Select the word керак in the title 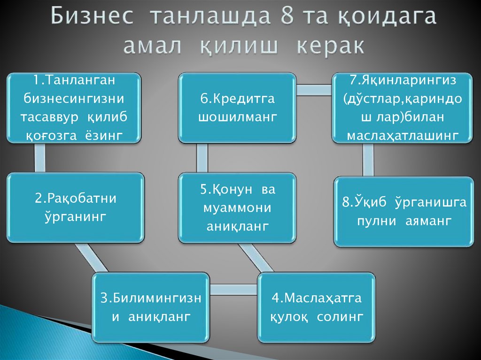coord(330,46)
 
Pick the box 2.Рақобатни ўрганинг coord(75,207)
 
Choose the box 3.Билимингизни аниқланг coord(151,307)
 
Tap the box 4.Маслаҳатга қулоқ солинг coord(316,307)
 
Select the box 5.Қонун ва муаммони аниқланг coord(237,207)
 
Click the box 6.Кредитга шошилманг coord(237,107)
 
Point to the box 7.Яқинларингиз coord(402,107)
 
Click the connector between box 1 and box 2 coord(39,158)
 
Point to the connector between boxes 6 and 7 coord(314,90)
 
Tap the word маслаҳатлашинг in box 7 coord(402,136)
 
